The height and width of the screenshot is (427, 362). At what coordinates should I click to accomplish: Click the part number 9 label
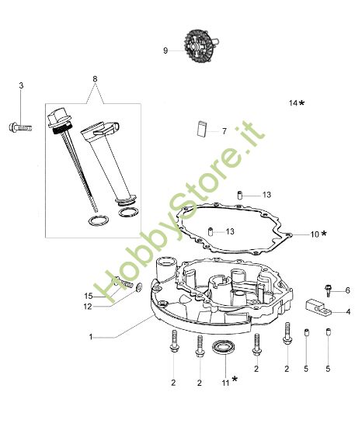point(165,50)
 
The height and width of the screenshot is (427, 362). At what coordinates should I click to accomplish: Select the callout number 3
point(21,85)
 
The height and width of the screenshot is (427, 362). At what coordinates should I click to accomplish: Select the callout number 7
point(224,131)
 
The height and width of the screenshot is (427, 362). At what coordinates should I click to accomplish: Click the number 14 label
point(293,102)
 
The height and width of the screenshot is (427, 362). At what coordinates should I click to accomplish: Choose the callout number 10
point(314,233)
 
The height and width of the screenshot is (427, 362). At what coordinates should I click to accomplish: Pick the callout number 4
point(347,311)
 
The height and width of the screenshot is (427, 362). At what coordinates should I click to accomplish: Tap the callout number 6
point(347,290)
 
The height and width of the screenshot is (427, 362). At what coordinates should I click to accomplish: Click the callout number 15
point(89,296)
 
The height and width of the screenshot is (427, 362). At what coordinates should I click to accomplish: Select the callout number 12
point(89,307)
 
